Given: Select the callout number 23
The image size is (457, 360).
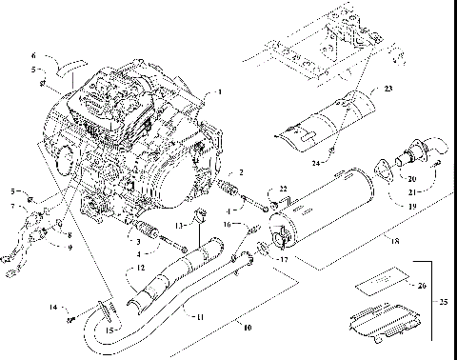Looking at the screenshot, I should tap(388, 89).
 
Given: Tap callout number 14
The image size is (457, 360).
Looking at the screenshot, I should tap(54, 307).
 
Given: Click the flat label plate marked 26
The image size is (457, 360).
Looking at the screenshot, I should tap(378, 285).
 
